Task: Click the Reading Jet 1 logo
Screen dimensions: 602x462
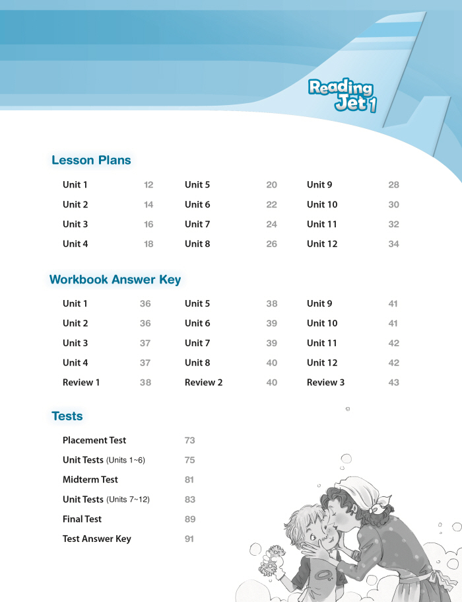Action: [x=341, y=96]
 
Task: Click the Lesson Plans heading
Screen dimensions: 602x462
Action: [x=91, y=160]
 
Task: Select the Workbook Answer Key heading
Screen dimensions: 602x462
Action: [x=115, y=280]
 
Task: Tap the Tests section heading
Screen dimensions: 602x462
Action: [x=67, y=416]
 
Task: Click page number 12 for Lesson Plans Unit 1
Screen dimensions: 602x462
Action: [x=148, y=185]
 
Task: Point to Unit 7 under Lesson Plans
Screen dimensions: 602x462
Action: [x=197, y=224]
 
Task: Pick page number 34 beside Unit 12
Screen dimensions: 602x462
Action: [x=393, y=244]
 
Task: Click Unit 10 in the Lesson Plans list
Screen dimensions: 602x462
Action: [x=322, y=205]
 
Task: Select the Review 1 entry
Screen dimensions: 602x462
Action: [x=81, y=383]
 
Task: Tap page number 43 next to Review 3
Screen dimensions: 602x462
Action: [x=393, y=383]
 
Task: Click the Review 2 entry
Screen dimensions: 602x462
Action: [x=203, y=383]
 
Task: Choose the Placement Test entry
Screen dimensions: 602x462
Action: [x=94, y=440]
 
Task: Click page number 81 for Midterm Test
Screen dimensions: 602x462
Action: [x=189, y=480]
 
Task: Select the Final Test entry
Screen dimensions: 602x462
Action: [x=82, y=519]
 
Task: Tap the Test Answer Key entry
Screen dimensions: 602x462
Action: [x=97, y=539]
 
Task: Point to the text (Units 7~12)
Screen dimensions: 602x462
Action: [x=128, y=500]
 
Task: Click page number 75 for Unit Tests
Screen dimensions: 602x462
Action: [x=189, y=460]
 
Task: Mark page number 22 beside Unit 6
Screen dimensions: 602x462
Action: [x=271, y=205]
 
